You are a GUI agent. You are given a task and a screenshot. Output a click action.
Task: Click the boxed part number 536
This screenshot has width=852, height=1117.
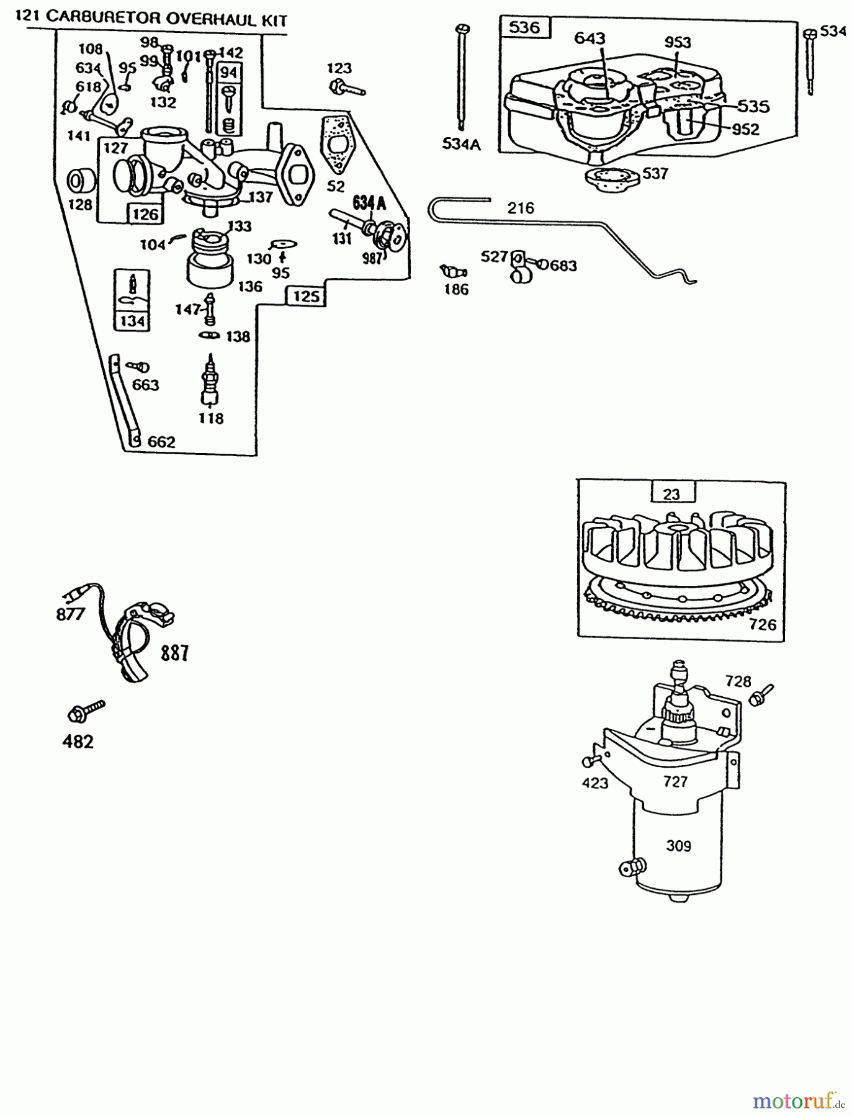coord(524,28)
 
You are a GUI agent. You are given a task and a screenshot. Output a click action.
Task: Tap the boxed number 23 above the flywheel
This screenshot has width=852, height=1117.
coord(671,494)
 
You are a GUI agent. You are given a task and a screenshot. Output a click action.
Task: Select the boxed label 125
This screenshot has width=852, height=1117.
coord(307,297)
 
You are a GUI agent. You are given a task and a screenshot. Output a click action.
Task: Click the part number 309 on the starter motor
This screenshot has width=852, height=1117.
coord(678,846)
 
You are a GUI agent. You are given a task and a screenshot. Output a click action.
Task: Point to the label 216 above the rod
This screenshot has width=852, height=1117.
coord(520,209)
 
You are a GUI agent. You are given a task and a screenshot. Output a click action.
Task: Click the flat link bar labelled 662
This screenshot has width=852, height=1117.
coord(124,400)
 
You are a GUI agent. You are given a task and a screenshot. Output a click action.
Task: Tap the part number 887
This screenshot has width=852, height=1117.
coord(174,653)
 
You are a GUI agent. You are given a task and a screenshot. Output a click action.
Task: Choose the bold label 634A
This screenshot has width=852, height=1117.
coord(370,202)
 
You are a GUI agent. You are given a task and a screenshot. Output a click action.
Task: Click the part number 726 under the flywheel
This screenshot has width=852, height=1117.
coord(762,624)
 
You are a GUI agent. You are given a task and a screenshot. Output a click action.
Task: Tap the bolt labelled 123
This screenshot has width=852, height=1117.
coord(343,87)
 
